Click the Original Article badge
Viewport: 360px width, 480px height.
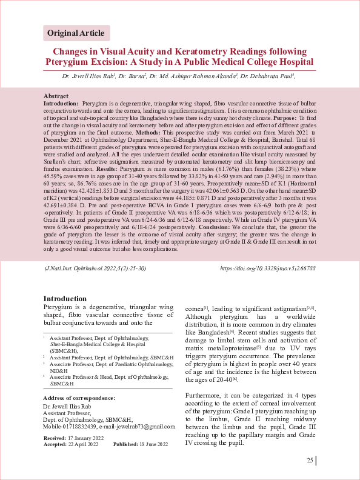click(76, 33)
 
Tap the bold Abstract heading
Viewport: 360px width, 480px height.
click(56, 96)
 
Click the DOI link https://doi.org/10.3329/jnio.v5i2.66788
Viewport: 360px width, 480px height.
click(268, 267)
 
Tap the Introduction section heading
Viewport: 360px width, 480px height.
click(65, 299)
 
